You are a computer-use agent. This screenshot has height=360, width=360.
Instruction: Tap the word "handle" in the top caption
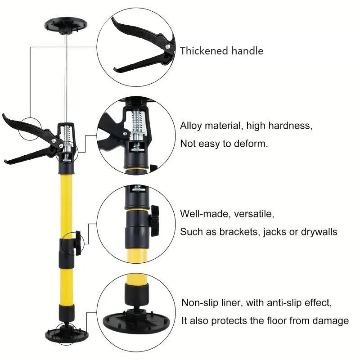click(x=247, y=51)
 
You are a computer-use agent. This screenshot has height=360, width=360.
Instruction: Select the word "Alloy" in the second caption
click(x=192, y=126)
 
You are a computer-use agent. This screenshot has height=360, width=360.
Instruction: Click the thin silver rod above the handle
click(x=66, y=76)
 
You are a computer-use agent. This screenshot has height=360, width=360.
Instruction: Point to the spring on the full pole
click(x=67, y=133)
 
